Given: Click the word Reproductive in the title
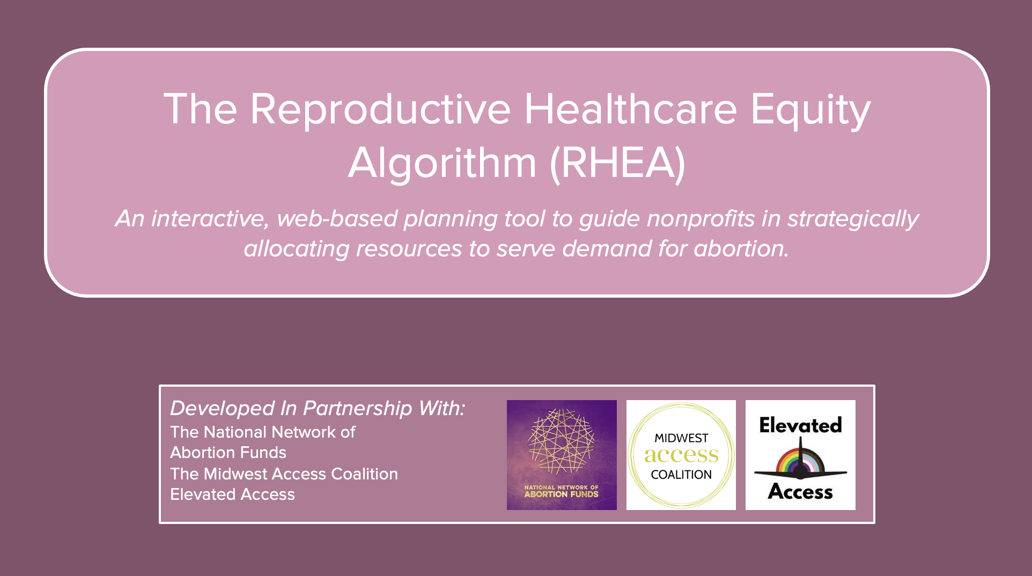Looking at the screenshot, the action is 380,109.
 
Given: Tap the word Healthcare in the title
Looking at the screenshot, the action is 631,109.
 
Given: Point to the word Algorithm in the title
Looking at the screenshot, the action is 443,163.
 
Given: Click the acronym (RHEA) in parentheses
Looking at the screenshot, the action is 618,163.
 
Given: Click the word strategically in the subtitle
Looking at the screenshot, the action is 853,219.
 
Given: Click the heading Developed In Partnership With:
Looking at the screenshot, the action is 318,409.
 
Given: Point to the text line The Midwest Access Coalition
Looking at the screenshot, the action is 284,474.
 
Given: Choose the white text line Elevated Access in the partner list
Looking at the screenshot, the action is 232,494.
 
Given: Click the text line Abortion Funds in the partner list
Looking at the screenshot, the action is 228,453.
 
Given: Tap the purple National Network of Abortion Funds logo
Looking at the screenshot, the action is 562,455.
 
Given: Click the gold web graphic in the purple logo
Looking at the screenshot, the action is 561,441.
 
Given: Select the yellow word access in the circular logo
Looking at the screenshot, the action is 681,455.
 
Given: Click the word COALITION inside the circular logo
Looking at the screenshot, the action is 681,475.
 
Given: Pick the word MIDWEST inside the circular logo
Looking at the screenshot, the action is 681,438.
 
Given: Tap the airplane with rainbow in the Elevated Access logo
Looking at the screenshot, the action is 800,461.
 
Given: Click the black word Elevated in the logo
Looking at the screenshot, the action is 800,425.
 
